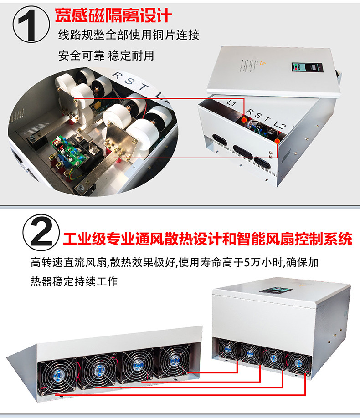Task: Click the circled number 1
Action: pyautogui.click(x=31, y=25)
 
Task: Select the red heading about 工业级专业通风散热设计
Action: pyautogui.click(x=207, y=239)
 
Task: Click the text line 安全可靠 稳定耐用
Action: pyautogui.click(x=106, y=56)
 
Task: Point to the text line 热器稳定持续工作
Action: pyautogui.click(x=74, y=281)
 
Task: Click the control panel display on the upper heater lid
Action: pyautogui.click(x=308, y=67)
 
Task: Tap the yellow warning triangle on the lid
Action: pyautogui.click(x=263, y=63)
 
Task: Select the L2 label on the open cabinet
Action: pyautogui.click(x=280, y=124)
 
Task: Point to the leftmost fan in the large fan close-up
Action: pyautogui.click(x=57, y=375)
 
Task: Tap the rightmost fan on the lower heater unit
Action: pyautogui.click(x=298, y=363)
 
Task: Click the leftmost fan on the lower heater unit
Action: pyautogui.click(x=227, y=350)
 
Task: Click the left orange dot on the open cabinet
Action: pyautogui.click(x=244, y=120)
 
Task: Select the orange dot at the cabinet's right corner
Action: pyautogui.click(x=277, y=141)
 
